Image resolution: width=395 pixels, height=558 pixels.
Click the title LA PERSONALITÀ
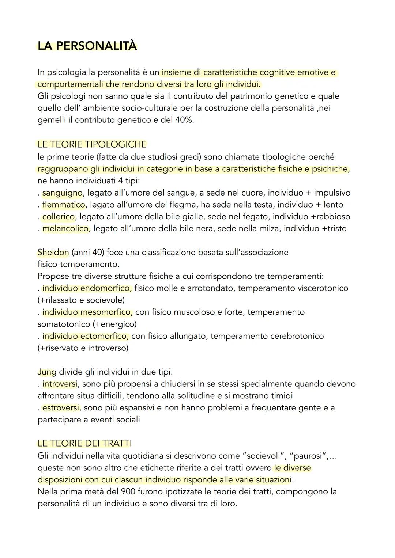tap(87, 46)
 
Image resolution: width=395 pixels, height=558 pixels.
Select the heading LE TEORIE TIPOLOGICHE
tap(92, 144)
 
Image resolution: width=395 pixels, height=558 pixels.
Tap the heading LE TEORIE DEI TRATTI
tap(84, 443)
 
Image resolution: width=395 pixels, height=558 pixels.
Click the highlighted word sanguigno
tap(62, 193)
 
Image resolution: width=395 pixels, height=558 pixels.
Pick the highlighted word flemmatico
tap(64, 205)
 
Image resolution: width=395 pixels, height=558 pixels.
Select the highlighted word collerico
tap(59, 217)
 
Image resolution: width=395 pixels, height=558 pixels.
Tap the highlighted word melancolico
tap(65, 229)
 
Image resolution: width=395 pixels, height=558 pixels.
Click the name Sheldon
tap(53, 253)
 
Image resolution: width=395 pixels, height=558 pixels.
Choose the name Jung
tap(47, 372)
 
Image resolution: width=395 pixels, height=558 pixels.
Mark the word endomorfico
tap(106, 288)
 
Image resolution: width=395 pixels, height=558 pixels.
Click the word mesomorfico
tap(106, 312)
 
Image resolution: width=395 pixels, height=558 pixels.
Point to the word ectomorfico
tap(104, 336)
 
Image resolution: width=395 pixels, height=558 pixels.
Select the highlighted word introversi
tap(60, 384)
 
